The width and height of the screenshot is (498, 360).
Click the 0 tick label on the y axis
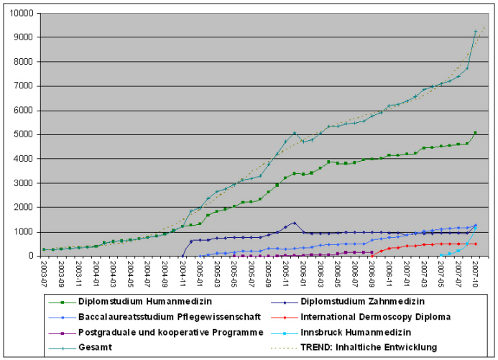pos(30,256)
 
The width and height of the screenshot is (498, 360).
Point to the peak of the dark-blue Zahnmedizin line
pos(294,223)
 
